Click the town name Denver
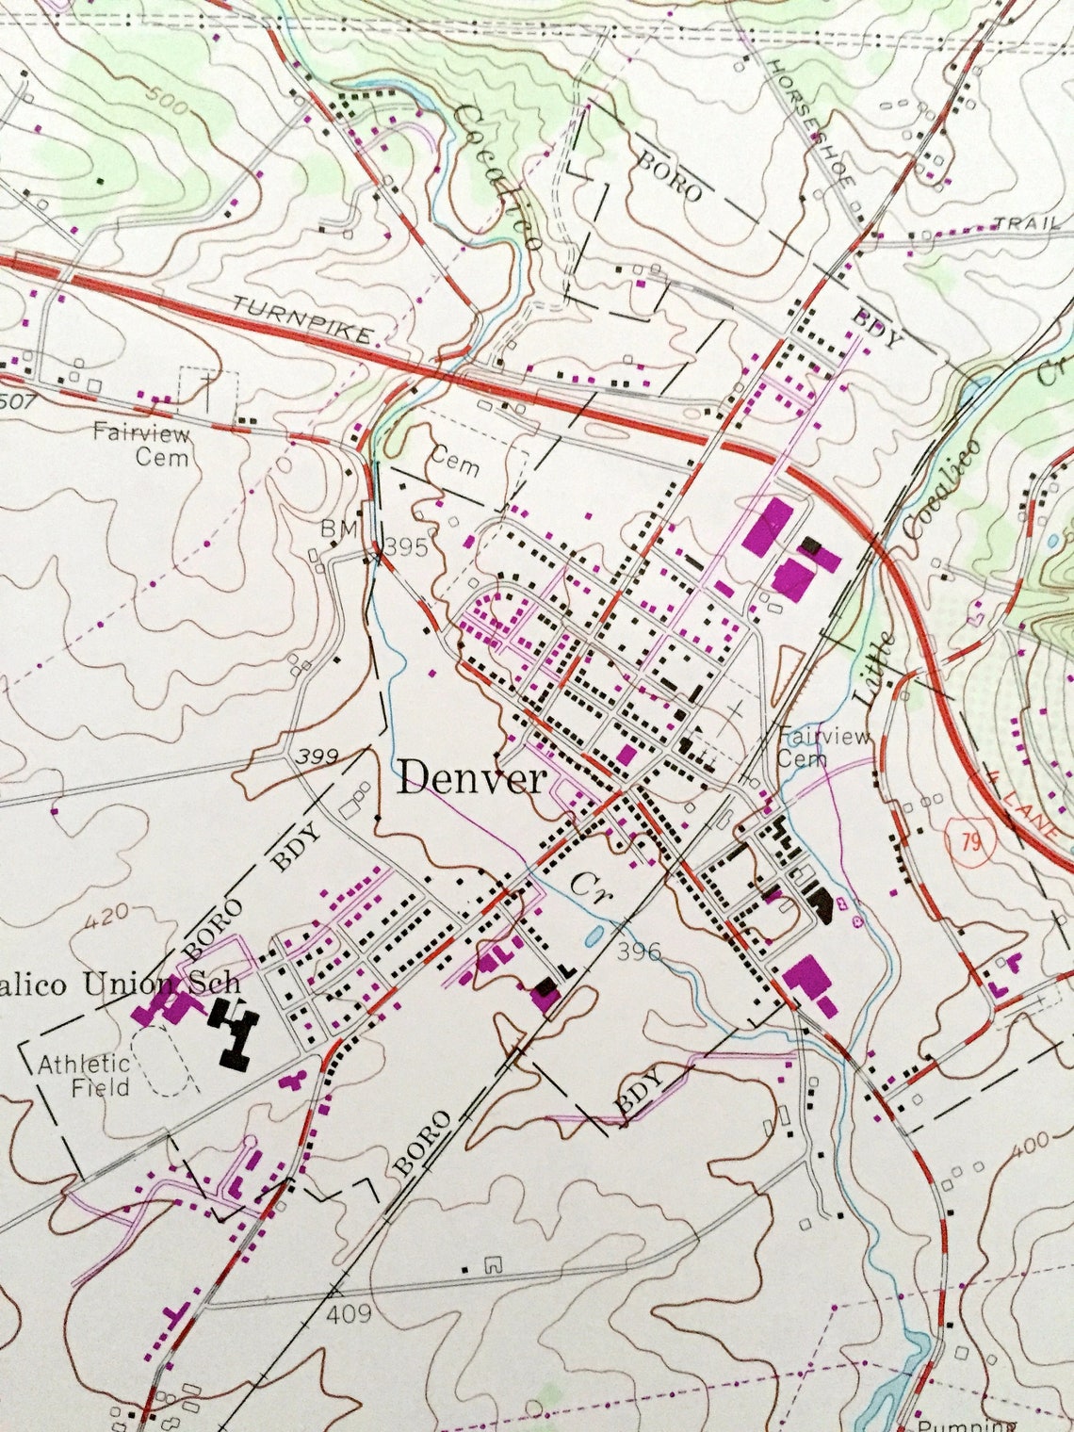pos(472,779)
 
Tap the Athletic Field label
pos(85,1074)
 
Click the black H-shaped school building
pos(233,1032)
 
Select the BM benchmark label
pos(338,529)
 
